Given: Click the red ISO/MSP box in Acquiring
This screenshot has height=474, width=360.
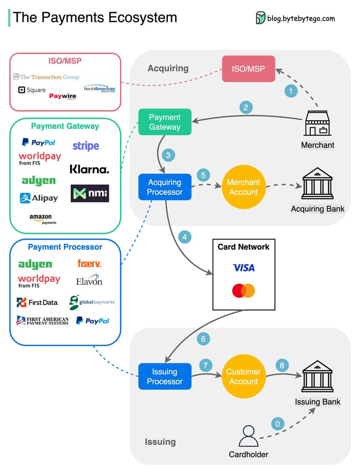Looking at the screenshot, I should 248,69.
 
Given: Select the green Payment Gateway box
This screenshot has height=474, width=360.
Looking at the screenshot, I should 165,122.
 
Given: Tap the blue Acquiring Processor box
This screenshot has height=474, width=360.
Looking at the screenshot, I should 165,187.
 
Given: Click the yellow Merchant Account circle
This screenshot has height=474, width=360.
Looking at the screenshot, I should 243,187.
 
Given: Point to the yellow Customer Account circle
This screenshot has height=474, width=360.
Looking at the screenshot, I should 243,377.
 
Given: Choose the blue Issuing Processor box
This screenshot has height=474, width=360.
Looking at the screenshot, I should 165,377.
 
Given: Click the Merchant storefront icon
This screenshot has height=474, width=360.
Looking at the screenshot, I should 317,124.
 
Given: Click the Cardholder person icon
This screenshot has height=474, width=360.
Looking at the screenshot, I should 248,436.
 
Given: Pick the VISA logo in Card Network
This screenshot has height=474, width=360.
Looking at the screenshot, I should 244,268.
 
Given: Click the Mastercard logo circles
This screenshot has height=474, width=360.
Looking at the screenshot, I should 243,291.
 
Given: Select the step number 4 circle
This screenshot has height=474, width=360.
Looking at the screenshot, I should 185,237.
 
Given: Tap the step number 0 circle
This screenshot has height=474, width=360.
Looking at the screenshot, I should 277,424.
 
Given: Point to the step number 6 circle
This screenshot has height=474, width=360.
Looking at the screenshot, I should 203,339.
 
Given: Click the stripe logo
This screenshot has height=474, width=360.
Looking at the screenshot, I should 86,146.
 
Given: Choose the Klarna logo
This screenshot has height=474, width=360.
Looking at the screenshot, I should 89,169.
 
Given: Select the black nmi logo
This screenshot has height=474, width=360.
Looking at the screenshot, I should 90,193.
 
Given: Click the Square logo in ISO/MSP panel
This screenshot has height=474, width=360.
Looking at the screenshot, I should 32,90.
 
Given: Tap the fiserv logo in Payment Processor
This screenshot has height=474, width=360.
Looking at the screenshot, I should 89,264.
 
